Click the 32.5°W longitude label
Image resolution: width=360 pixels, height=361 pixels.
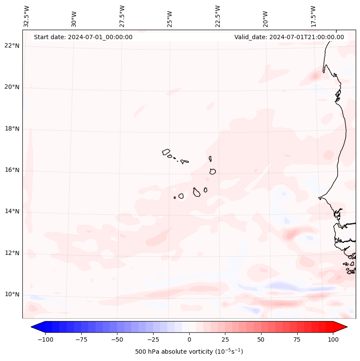pos(27,16)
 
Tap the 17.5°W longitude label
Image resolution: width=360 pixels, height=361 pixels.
pos(314,16)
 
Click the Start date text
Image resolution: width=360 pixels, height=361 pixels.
pos(83,37)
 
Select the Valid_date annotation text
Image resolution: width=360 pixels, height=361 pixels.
pos(289,37)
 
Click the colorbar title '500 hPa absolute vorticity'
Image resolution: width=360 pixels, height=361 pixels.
pos(189,352)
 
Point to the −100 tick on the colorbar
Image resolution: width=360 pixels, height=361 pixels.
pos(45,339)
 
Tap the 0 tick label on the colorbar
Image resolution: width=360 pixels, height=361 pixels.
pos(189,339)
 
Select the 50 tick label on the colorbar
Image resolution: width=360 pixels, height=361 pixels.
pos(261,339)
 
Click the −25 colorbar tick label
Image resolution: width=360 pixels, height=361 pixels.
pos(153,339)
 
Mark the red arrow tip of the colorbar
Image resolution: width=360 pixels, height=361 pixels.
pos(346,327)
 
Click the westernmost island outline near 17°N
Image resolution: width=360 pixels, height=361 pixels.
pos(166,151)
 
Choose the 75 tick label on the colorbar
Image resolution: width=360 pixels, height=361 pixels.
pos(297,339)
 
